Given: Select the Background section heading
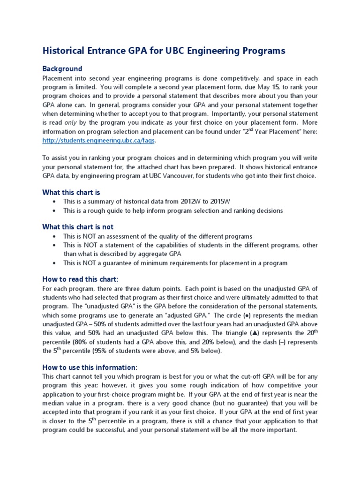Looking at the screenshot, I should pyautogui.click(x=62, y=68).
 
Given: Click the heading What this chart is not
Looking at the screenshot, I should pyautogui.click(x=78, y=227).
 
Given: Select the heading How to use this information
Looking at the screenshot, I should pyautogui.click(x=90, y=367).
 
